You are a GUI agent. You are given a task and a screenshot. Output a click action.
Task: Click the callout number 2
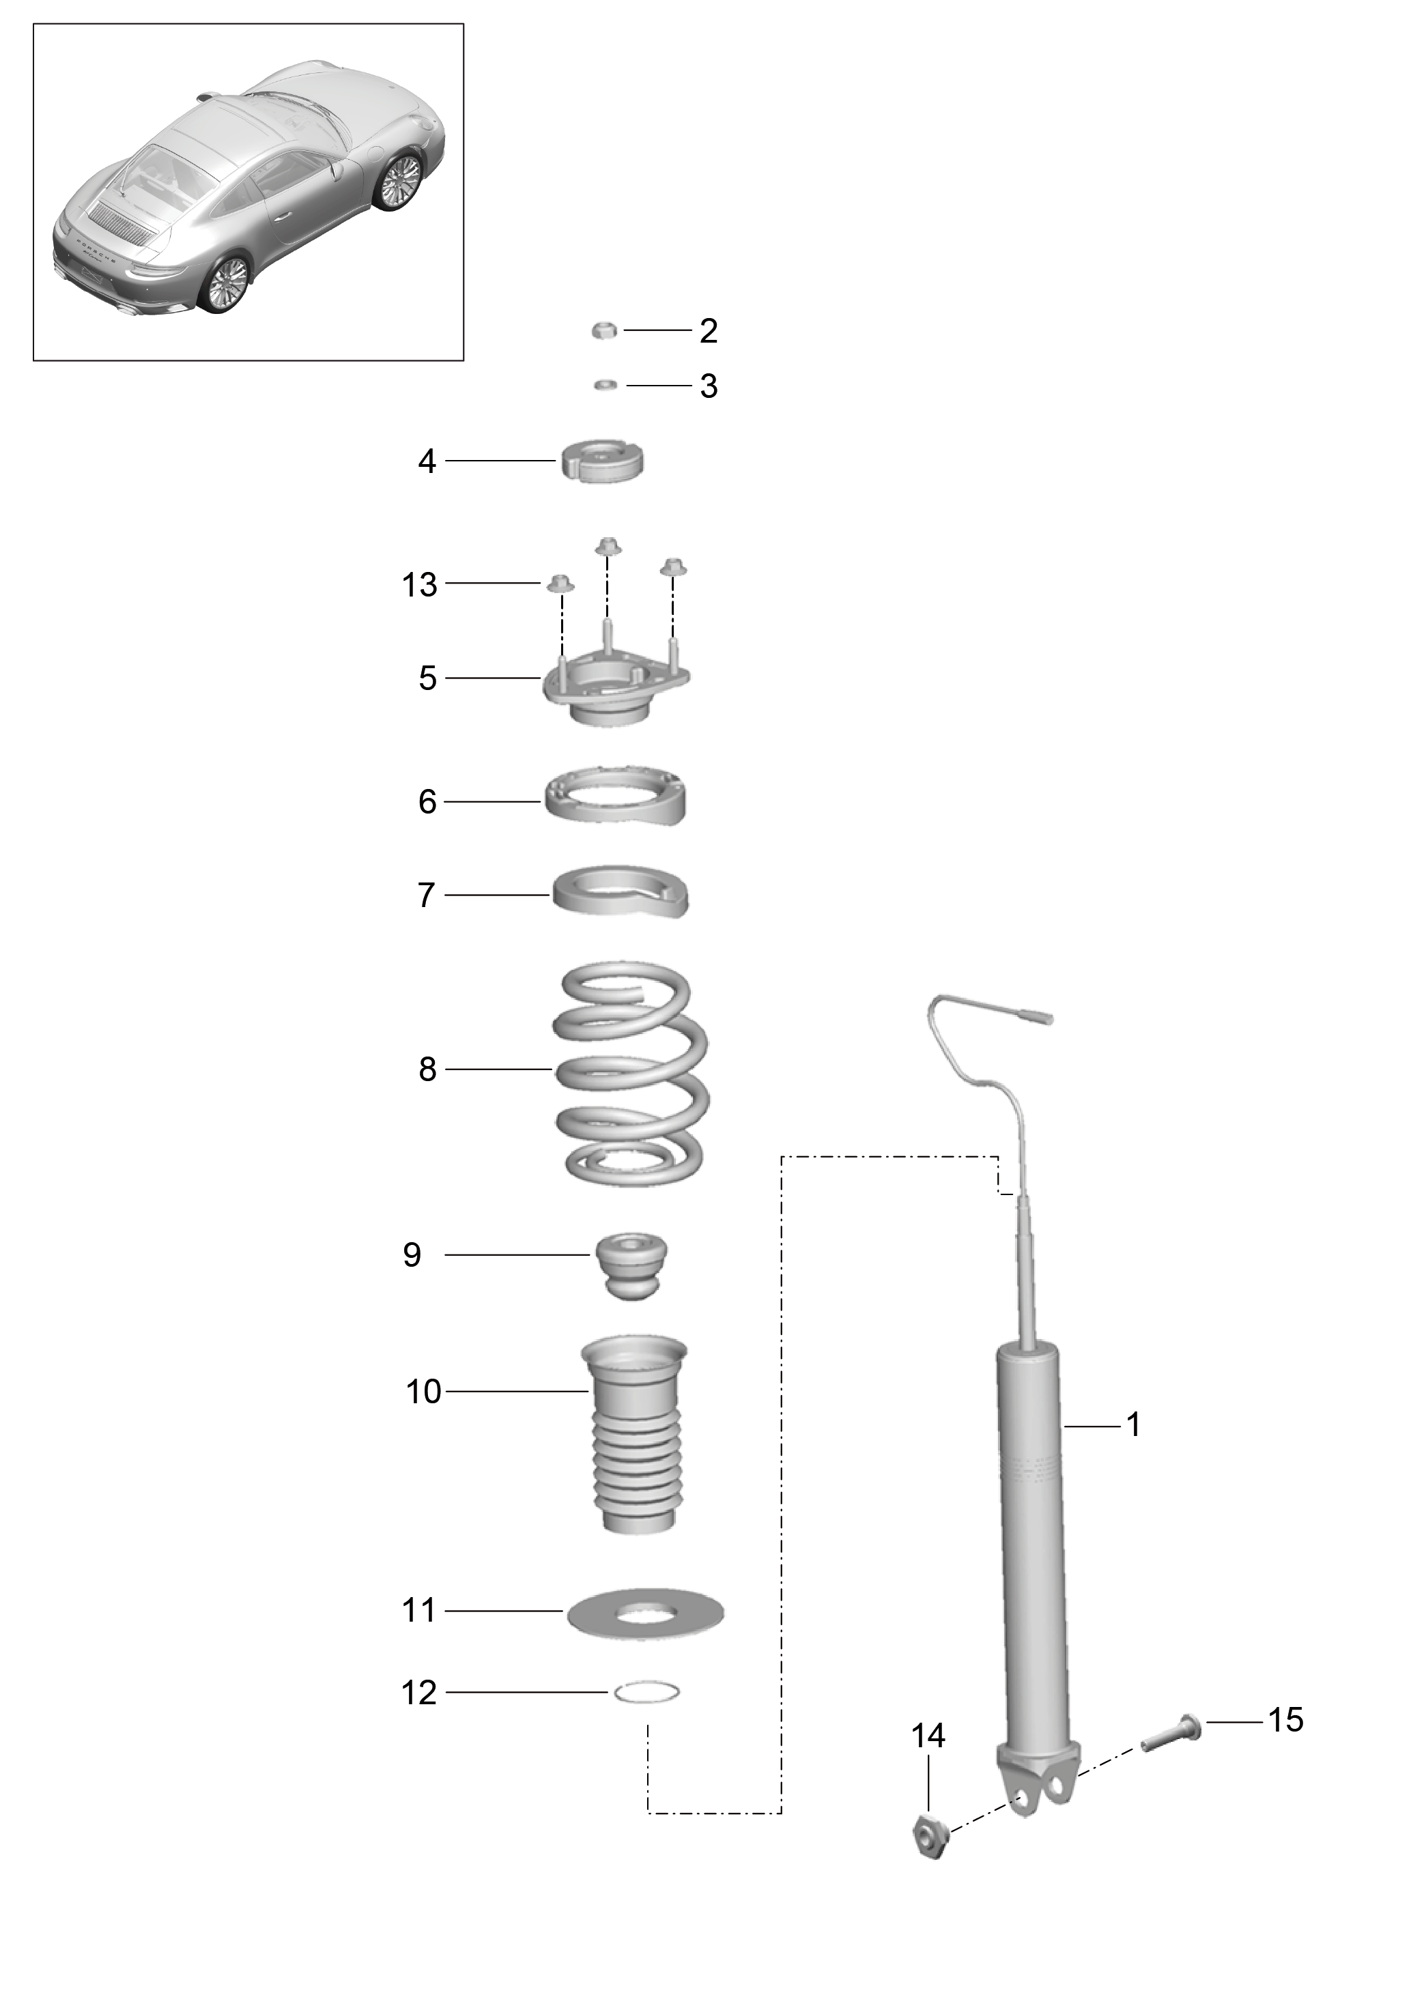coord(708,331)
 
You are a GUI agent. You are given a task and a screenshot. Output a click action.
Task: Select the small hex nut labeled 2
coord(605,330)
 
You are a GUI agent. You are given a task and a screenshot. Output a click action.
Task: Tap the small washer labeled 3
coord(606,385)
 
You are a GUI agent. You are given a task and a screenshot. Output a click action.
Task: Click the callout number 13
coord(418,585)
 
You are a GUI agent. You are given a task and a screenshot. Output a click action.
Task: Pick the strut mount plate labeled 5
coord(617,690)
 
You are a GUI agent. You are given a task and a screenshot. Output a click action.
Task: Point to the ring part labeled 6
coord(615,795)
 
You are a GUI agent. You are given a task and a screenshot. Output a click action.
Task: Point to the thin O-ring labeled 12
coord(646,1692)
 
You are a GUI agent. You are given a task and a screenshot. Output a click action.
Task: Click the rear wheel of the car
coord(227,283)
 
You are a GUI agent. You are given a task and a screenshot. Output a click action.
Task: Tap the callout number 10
coord(424,1392)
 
